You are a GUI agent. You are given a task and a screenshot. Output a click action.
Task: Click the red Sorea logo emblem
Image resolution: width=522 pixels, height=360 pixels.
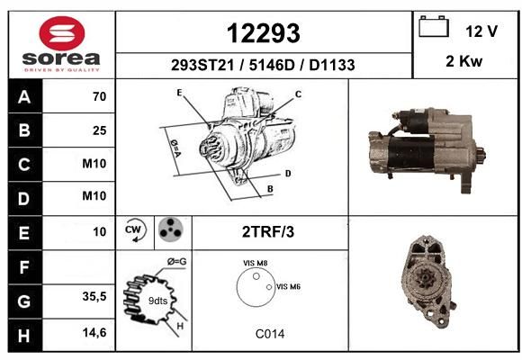coord(62,33)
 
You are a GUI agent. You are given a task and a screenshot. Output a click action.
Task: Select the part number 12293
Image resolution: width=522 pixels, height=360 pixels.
coord(264,33)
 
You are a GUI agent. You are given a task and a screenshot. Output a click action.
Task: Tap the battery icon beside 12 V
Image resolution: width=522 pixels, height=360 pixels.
coord(434,26)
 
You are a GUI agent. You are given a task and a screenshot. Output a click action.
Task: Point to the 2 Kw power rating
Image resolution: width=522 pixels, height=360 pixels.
coord(464,61)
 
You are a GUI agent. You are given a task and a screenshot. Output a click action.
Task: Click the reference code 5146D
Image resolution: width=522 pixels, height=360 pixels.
coord(272,65)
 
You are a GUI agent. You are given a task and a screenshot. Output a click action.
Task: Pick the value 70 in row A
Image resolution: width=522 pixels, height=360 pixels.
coord(100,96)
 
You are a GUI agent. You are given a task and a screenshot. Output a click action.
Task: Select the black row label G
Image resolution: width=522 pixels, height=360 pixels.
coord(24,301)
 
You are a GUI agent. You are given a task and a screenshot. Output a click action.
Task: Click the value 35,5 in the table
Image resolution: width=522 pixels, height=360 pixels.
coord(94,296)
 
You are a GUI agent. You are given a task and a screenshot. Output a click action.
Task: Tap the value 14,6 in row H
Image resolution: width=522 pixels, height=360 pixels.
coord(94,332)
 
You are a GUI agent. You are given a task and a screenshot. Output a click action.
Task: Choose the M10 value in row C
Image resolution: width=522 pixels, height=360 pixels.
coord(94,164)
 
